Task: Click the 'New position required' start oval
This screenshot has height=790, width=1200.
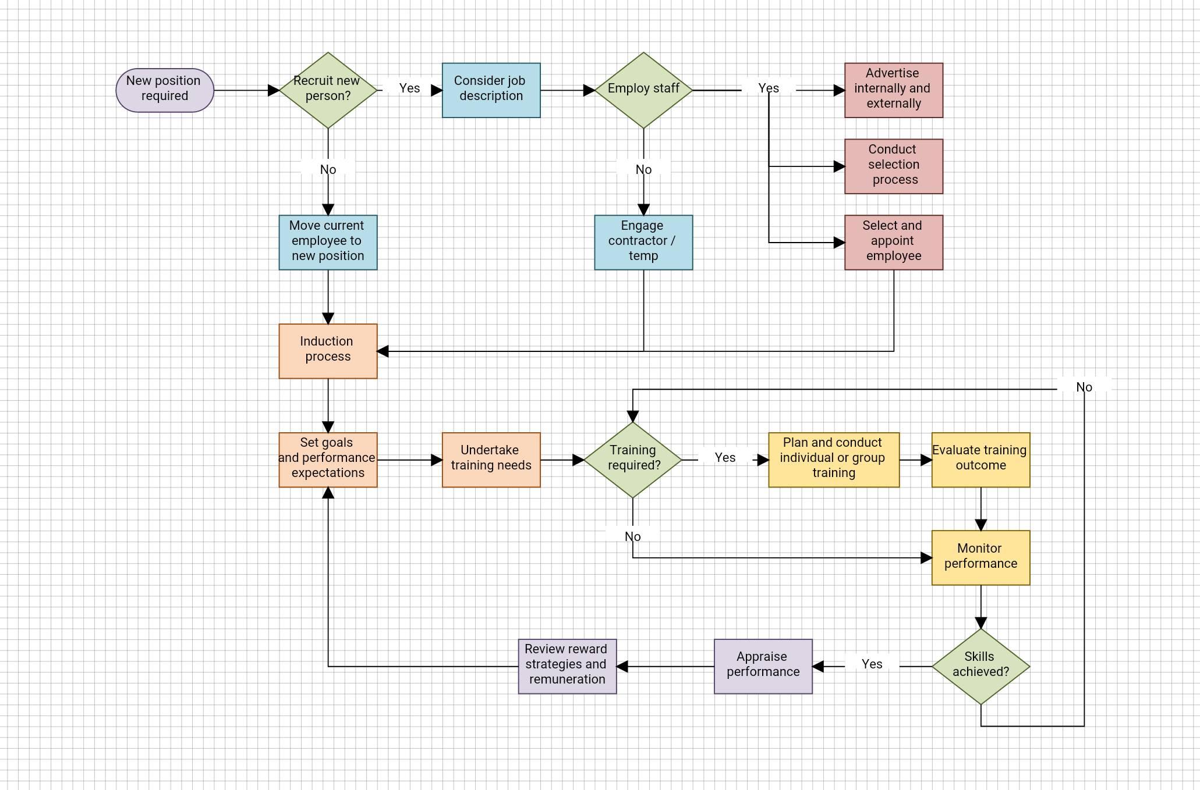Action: [x=165, y=90]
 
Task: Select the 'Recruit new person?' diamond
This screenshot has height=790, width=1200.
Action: [x=328, y=90]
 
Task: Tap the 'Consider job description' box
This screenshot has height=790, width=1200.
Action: [x=491, y=90]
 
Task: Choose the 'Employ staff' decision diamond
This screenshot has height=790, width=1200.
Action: [x=643, y=90]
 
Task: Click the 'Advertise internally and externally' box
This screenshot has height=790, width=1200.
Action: [x=893, y=90]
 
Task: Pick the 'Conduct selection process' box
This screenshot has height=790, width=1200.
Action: [x=893, y=166]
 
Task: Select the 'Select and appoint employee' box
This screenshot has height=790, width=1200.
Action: [x=893, y=242]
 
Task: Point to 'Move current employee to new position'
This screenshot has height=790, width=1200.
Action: [x=328, y=242]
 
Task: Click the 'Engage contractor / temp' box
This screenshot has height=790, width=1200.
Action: [x=643, y=242]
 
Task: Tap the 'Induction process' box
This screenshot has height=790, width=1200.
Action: [x=328, y=351]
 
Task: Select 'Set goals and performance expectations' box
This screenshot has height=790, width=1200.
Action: [x=328, y=460]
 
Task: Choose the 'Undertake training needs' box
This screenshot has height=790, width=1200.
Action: [x=491, y=460]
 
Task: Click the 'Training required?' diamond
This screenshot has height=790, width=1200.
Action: [x=633, y=460]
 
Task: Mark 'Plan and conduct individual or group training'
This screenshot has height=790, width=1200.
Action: [x=833, y=460]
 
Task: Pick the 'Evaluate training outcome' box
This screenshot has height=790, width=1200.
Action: [x=980, y=460]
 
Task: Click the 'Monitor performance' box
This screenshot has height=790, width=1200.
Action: [x=980, y=557]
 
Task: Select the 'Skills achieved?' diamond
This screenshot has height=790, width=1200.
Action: [x=980, y=666]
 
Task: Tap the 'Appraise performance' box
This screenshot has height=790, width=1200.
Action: [x=763, y=666]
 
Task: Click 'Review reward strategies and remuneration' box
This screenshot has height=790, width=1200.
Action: [x=567, y=666]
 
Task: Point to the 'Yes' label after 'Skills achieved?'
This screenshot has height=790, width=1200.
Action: [x=872, y=664]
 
